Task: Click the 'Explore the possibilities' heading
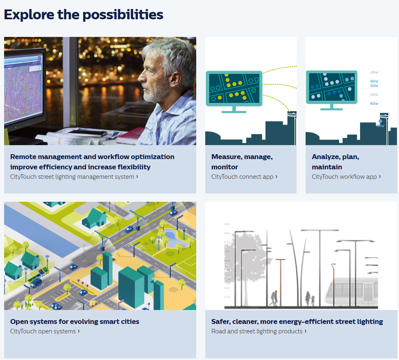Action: (84, 14)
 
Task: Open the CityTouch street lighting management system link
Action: (74, 177)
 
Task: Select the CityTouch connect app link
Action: (244, 177)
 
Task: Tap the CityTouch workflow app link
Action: (346, 177)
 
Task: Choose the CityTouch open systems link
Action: (45, 331)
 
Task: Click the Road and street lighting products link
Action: (259, 331)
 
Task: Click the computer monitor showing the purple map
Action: (24, 89)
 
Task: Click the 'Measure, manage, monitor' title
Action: (242, 162)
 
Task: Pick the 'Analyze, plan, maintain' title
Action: (336, 162)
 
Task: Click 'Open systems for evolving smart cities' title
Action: (75, 321)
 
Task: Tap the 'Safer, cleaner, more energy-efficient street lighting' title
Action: (297, 321)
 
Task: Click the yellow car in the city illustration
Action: (93, 303)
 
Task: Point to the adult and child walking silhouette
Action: (310, 298)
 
